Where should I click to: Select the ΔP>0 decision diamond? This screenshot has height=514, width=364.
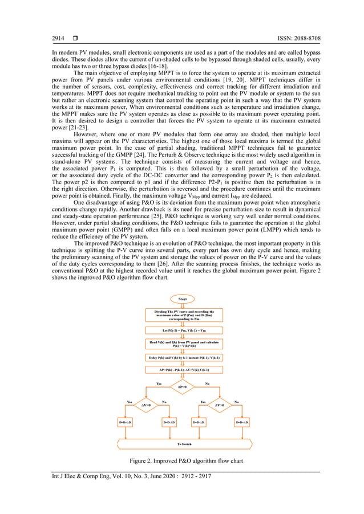(183, 387)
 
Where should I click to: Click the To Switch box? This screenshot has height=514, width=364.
(183, 443)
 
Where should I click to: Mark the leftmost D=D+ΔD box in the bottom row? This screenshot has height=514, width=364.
(124, 422)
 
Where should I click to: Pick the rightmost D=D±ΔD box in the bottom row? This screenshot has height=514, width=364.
(242, 422)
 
